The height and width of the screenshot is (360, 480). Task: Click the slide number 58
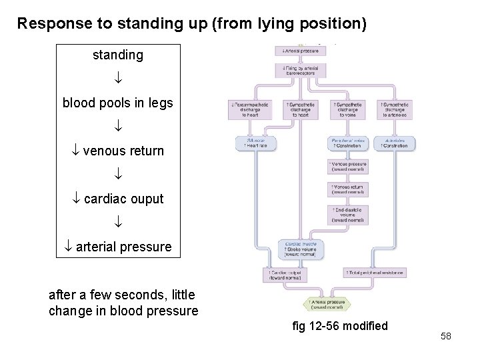pyautogui.click(x=446, y=336)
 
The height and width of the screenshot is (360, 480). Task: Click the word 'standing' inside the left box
pyautogui.click(x=117, y=55)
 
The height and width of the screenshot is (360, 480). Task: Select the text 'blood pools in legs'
pyautogui.click(x=117, y=103)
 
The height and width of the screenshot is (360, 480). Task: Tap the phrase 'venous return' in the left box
pyautogui.click(x=123, y=151)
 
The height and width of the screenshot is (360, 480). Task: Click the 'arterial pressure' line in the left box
pyautogui.click(x=123, y=247)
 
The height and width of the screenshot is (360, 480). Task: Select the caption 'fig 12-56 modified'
pyautogui.click(x=340, y=326)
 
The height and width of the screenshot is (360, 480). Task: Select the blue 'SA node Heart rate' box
pyautogui.click(x=253, y=143)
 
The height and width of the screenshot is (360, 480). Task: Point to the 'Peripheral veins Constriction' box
pyautogui.click(x=347, y=143)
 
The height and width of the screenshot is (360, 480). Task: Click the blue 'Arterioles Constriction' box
pyautogui.click(x=395, y=143)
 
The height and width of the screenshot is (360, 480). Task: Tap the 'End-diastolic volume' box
pyautogui.click(x=347, y=215)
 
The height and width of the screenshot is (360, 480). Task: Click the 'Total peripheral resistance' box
pyautogui.click(x=375, y=273)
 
